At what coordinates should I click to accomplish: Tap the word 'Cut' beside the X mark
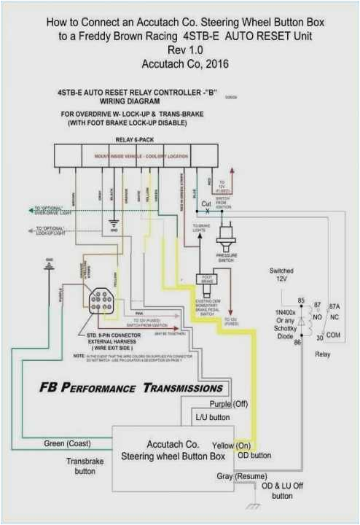(x=206, y=204)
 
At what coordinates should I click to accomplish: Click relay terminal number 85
(x=300, y=300)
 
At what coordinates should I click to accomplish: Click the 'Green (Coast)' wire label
(x=69, y=443)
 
